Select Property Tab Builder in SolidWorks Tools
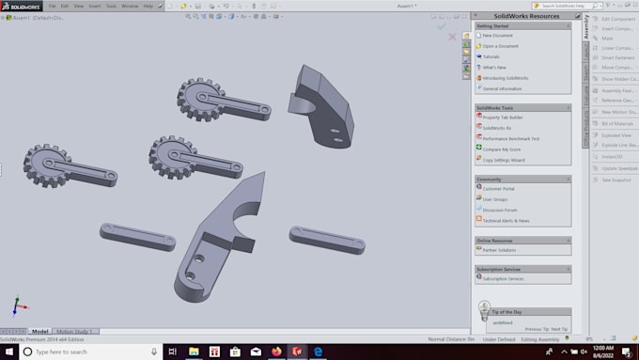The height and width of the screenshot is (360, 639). coord(504,117)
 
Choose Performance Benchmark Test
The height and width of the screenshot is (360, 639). coord(510,138)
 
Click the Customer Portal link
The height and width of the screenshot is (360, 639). coord(498,188)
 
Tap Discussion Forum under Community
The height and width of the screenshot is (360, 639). coord(500,210)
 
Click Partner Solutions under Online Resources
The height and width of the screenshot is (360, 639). coord(500,250)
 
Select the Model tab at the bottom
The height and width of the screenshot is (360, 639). coord(40,331)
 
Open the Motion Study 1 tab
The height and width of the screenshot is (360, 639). coord(76,331)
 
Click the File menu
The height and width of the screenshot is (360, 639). coord(52,6)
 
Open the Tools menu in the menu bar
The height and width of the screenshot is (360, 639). coord(111,6)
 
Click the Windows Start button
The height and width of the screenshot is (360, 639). coord(8,352)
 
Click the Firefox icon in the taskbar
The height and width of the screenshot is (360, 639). coord(276,352)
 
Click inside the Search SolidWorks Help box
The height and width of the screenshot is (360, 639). coord(554,6)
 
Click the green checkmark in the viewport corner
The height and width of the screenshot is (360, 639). coord(441,26)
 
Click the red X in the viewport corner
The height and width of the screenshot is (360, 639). coord(452,38)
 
